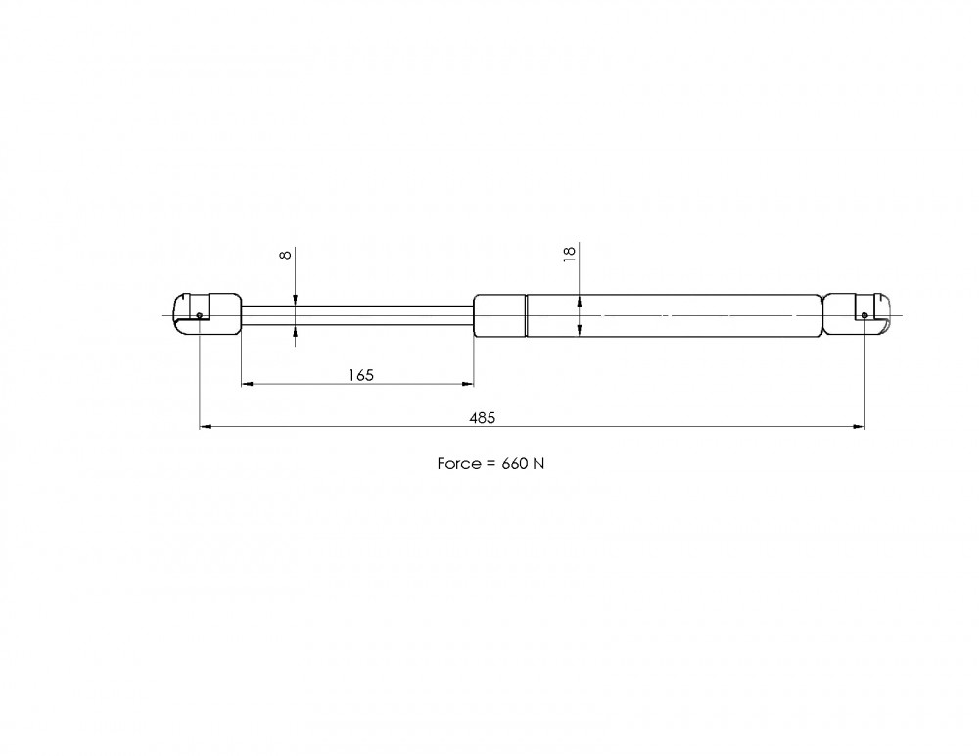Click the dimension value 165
361,375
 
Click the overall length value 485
482,417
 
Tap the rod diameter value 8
286,255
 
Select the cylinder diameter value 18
570,255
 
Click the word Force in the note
459,463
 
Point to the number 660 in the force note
515,463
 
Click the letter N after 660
538,463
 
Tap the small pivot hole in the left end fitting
199,315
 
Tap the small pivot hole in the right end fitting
864,315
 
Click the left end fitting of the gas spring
208,314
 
